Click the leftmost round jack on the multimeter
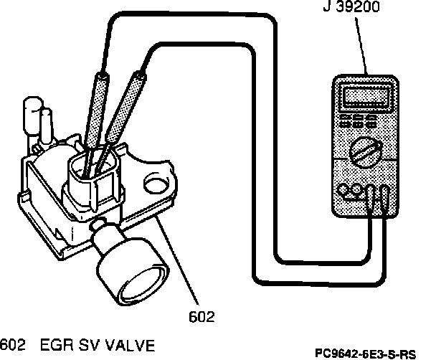[343, 190]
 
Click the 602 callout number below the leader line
[204, 313]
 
